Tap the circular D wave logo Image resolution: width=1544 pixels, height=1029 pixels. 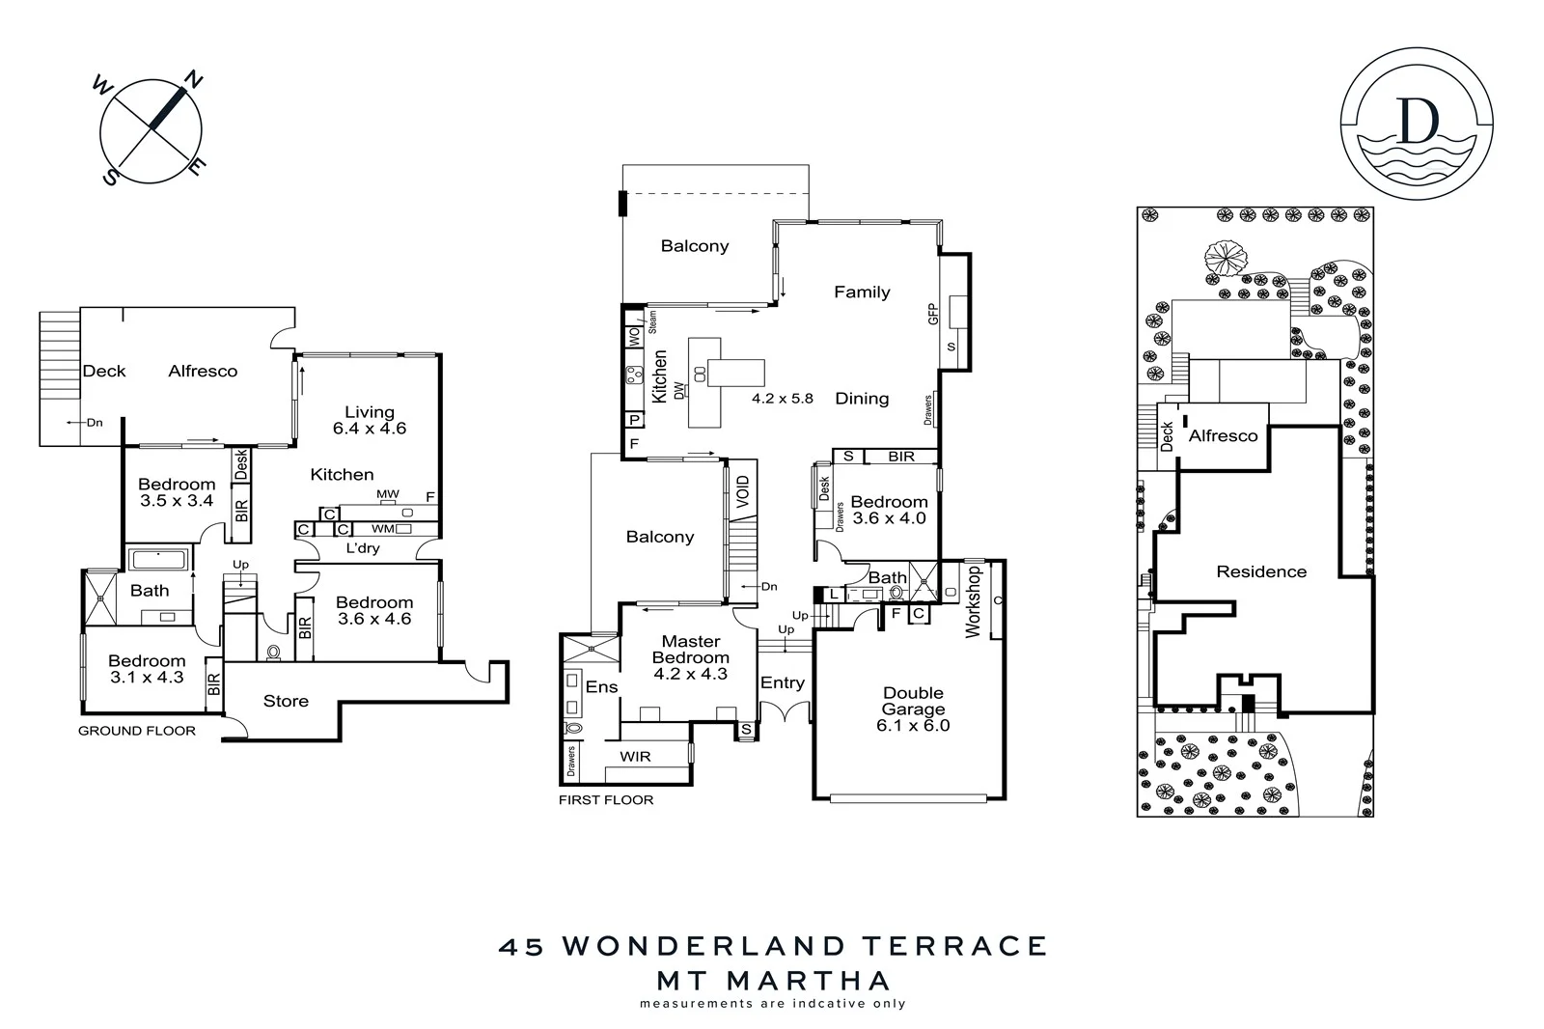coord(1417,125)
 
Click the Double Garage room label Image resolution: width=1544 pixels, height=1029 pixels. coord(913,709)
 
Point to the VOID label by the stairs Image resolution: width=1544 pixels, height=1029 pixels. coord(742,493)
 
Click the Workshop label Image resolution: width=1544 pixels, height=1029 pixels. coord(973,600)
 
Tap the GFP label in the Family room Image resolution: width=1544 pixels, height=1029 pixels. coord(933,314)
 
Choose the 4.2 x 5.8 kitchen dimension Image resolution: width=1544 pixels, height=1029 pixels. coord(783,398)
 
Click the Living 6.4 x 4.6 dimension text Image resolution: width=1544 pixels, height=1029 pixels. coord(370,429)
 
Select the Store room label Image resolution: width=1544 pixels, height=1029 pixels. coord(286,701)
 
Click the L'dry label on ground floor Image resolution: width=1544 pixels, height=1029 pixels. coord(363,548)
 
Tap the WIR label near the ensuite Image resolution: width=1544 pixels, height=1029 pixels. coord(635,756)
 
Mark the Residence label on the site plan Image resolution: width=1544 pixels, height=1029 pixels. coord(1261,571)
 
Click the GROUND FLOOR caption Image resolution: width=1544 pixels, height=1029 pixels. coord(137,731)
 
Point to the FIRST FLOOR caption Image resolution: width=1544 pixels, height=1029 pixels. coord(606,799)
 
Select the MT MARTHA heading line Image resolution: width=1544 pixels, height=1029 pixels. coord(773,981)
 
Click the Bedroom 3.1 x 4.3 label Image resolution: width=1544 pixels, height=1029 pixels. coord(147,669)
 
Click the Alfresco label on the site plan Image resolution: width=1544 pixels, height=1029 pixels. coord(1223,436)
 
